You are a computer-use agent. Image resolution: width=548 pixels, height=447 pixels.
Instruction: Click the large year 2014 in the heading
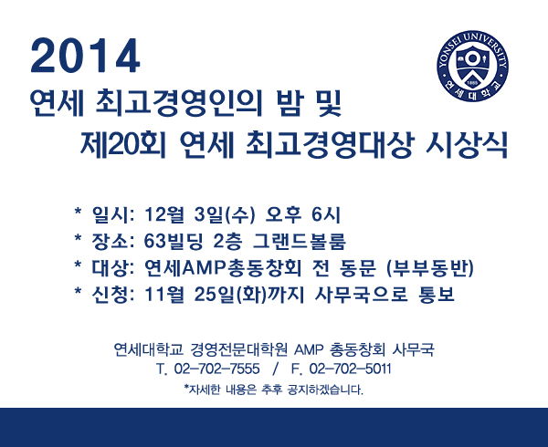[85, 56]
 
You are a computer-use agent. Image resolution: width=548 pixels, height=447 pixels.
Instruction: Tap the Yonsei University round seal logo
[472, 66]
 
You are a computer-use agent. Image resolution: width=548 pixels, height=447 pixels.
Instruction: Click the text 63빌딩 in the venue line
[174, 241]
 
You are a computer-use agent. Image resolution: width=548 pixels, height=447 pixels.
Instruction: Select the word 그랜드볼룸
[300, 241]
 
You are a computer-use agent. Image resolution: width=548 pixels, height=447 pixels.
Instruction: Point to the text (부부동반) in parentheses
[430, 268]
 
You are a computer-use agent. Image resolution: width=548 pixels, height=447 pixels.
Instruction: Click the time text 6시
[326, 214]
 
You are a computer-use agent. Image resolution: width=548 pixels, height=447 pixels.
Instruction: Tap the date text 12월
[163, 214]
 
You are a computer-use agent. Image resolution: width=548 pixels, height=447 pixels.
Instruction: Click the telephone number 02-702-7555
[216, 369]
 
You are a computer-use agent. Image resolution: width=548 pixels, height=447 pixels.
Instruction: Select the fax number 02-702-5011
[350, 369]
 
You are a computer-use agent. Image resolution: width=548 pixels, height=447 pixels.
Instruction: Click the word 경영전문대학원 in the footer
[239, 349]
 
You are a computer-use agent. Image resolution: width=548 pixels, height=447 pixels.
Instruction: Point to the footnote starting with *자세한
[274, 390]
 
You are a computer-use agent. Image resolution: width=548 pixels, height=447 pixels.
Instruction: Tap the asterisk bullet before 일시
[78, 212]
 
